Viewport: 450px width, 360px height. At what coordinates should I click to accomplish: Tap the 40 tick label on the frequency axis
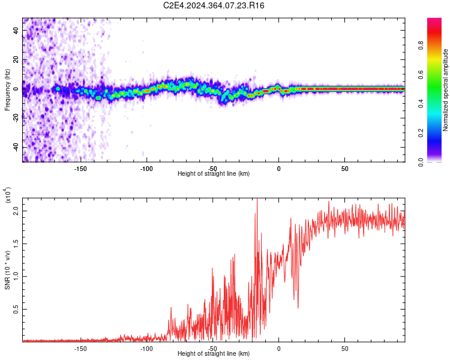pos(16,32)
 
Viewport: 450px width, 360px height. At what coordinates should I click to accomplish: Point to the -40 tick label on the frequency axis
pos(16,147)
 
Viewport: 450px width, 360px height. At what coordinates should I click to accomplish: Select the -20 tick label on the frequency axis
pos(16,118)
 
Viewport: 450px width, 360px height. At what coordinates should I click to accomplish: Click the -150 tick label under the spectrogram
pos(80,169)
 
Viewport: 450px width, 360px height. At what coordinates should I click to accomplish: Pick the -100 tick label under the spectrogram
pos(146,169)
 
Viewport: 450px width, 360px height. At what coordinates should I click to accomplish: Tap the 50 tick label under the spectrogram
pos(344,169)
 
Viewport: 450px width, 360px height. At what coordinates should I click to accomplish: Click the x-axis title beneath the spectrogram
pos(214,174)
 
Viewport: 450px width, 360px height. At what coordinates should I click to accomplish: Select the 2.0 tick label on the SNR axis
pos(16,211)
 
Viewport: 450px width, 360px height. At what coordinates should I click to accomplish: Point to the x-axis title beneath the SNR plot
pos(214,354)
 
